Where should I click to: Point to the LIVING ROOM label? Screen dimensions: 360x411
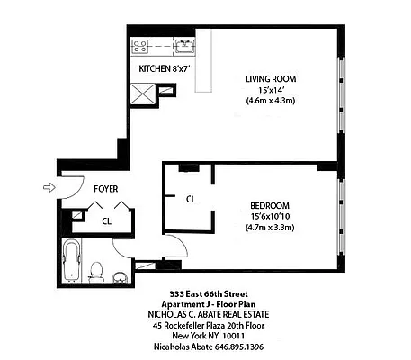coord(271,78)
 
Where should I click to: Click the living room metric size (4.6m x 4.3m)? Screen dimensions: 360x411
coord(271,100)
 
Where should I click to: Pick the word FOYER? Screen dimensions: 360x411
coord(107,189)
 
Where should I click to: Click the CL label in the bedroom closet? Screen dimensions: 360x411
coord(192,199)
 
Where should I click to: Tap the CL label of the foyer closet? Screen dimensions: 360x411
coord(106,220)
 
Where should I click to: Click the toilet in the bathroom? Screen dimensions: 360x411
coord(98,268)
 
